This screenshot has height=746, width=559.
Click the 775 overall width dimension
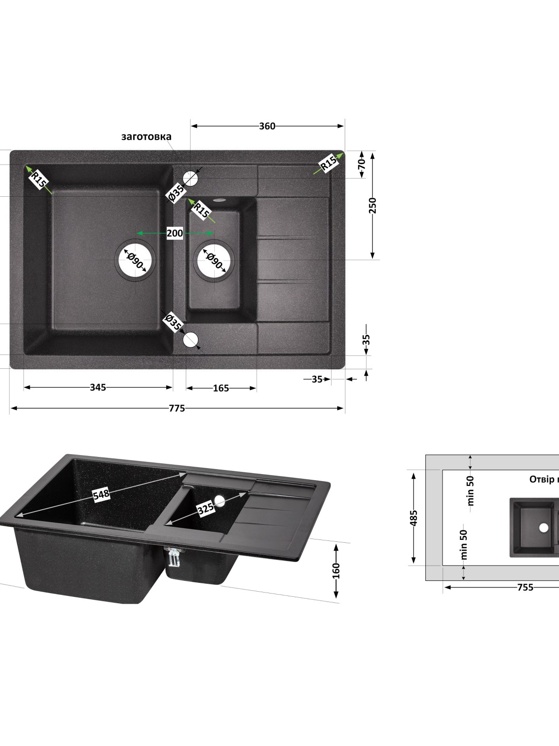tap(177, 408)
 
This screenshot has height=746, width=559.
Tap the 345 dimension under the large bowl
tap(98, 387)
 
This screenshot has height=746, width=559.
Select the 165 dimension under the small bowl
tap(221, 388)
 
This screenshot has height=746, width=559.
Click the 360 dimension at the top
tap(267, 126)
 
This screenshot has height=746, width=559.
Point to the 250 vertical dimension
tap(372, 205)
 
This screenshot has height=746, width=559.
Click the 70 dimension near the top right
tap(362, 164)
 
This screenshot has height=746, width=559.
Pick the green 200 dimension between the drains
tap(175, 233)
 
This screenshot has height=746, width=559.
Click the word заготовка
tap(146, 137)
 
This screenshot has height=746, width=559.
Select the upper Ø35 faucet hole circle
tap(191, 178)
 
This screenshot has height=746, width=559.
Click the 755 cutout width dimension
tap(525, 587)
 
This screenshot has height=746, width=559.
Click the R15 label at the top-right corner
tap(328, 164)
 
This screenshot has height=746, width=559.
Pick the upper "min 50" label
tap(470, 490)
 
